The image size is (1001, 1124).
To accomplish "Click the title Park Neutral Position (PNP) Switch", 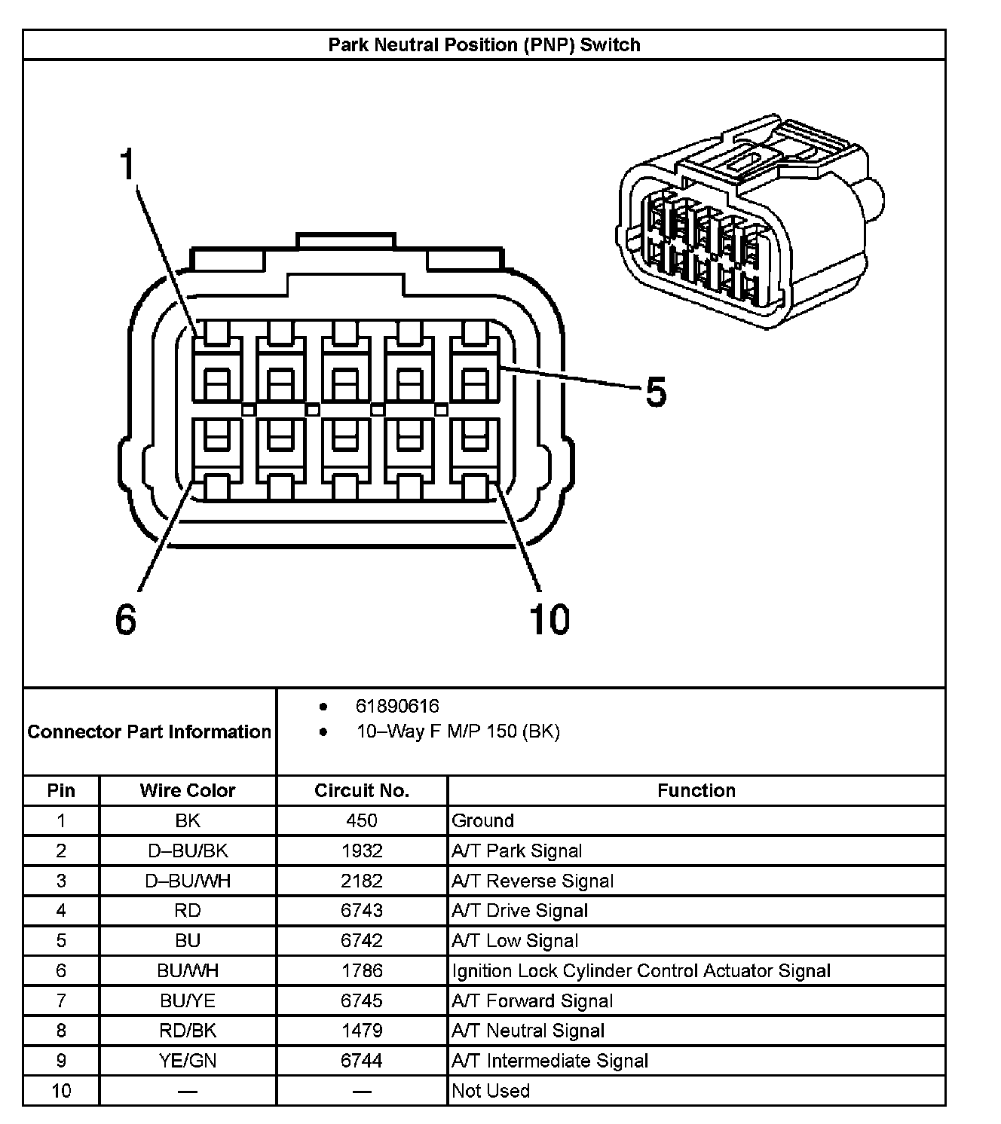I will pyautogui.click(x=484, y=44).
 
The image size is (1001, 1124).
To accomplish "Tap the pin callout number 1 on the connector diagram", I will pyautogui.click(x=129, y=164).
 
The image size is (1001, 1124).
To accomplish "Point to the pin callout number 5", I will pyautogui.click(x=656, y=392).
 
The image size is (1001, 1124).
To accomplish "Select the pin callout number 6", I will pyautogui.click(x=126, y=619).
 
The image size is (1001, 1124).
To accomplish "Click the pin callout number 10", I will pyautogui.click(x=549, y=619).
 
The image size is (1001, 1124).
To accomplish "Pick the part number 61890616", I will pyautogui.click(x=397, y=706).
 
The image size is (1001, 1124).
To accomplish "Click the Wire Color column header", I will pyautogui.click(x=188, y=790).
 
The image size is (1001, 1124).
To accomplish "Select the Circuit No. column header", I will pyautogui.click(x=362, y=790).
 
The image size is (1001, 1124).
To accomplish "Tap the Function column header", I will pyautogui.click(x=696, y=790).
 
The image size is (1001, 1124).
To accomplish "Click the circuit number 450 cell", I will pyautogui.click(x=362, y=820).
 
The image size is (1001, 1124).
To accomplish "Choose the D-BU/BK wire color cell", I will pyautogui.click(x=188, y=851).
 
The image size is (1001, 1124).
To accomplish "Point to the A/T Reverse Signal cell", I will pyautogui.click(x=532, y=881).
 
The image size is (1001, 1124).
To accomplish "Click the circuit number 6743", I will pyautogui.click(x=362, y=910).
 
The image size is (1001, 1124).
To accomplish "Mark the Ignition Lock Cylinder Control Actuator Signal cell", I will pyautogui.click(x=641, y=970).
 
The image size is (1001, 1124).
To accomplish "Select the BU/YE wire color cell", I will pyautogui.click(x=188, y=1000).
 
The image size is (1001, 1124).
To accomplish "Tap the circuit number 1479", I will pyautogui.click(x=362, y=1031).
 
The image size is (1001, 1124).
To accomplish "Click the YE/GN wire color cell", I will pyautogui.click(x=188, y=1061).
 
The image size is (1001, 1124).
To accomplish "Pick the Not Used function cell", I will pyautogui.click(x=491, y=1090).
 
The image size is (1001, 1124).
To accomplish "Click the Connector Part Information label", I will pyautogui.click(x=149, y=732).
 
